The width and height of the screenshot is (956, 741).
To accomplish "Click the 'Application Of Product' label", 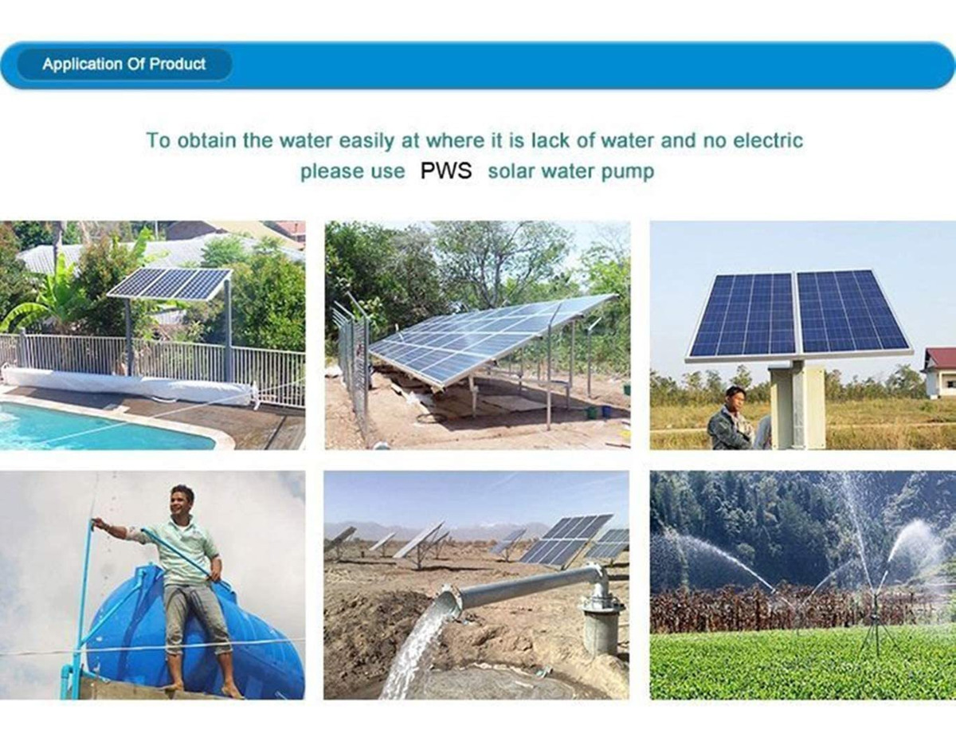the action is click(x=123, y=65).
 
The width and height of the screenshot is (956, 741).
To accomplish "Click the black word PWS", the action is click(x=445, y=171).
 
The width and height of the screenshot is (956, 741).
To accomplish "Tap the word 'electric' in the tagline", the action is click(x=768, y=140).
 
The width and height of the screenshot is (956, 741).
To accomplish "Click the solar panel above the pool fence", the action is click(x=170, y=284).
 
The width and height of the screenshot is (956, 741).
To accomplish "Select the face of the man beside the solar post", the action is click(x=734, y=398).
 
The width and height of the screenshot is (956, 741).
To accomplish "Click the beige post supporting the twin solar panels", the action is click(x=797, y=405).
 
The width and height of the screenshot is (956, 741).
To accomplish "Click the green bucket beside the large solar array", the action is click(x=593, y=412).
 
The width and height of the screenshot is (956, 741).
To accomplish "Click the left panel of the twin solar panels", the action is click(x=743, y=316).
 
